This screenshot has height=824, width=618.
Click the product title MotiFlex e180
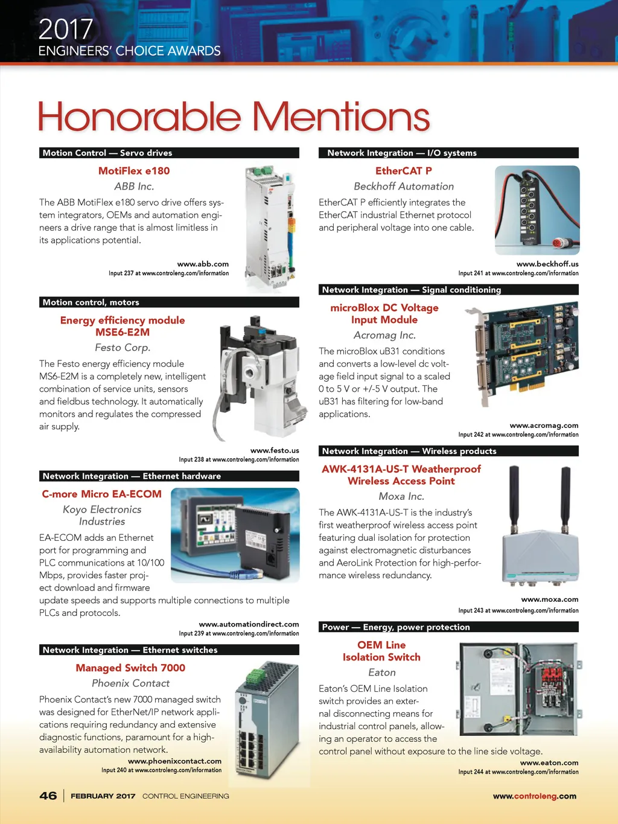(x=134, y=171)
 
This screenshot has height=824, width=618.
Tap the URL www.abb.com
(x=203, y=264)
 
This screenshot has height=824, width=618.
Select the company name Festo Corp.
(x=123, y=348)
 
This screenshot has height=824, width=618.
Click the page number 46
(x=48, y=796)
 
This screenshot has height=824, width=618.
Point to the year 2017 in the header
(x=66, y=29)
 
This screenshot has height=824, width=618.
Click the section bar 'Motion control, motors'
(x=170, y=302)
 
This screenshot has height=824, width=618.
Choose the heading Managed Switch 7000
(x=130, y=668)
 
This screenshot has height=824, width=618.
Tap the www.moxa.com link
(x=549, y=599)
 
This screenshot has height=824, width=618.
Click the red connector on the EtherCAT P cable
(x=561, y=243)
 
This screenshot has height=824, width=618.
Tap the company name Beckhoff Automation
(x=404, y=187)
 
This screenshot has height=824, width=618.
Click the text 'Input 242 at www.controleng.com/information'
(x=518, y=435)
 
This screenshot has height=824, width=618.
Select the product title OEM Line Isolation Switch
(x=381, y=651)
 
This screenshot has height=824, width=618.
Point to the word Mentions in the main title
(x=341, y=117)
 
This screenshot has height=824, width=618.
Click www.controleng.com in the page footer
(x=534, y=796)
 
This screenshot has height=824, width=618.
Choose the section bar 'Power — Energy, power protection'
(x=448, y=627)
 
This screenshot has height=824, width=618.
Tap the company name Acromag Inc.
(x=384, y=335)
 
